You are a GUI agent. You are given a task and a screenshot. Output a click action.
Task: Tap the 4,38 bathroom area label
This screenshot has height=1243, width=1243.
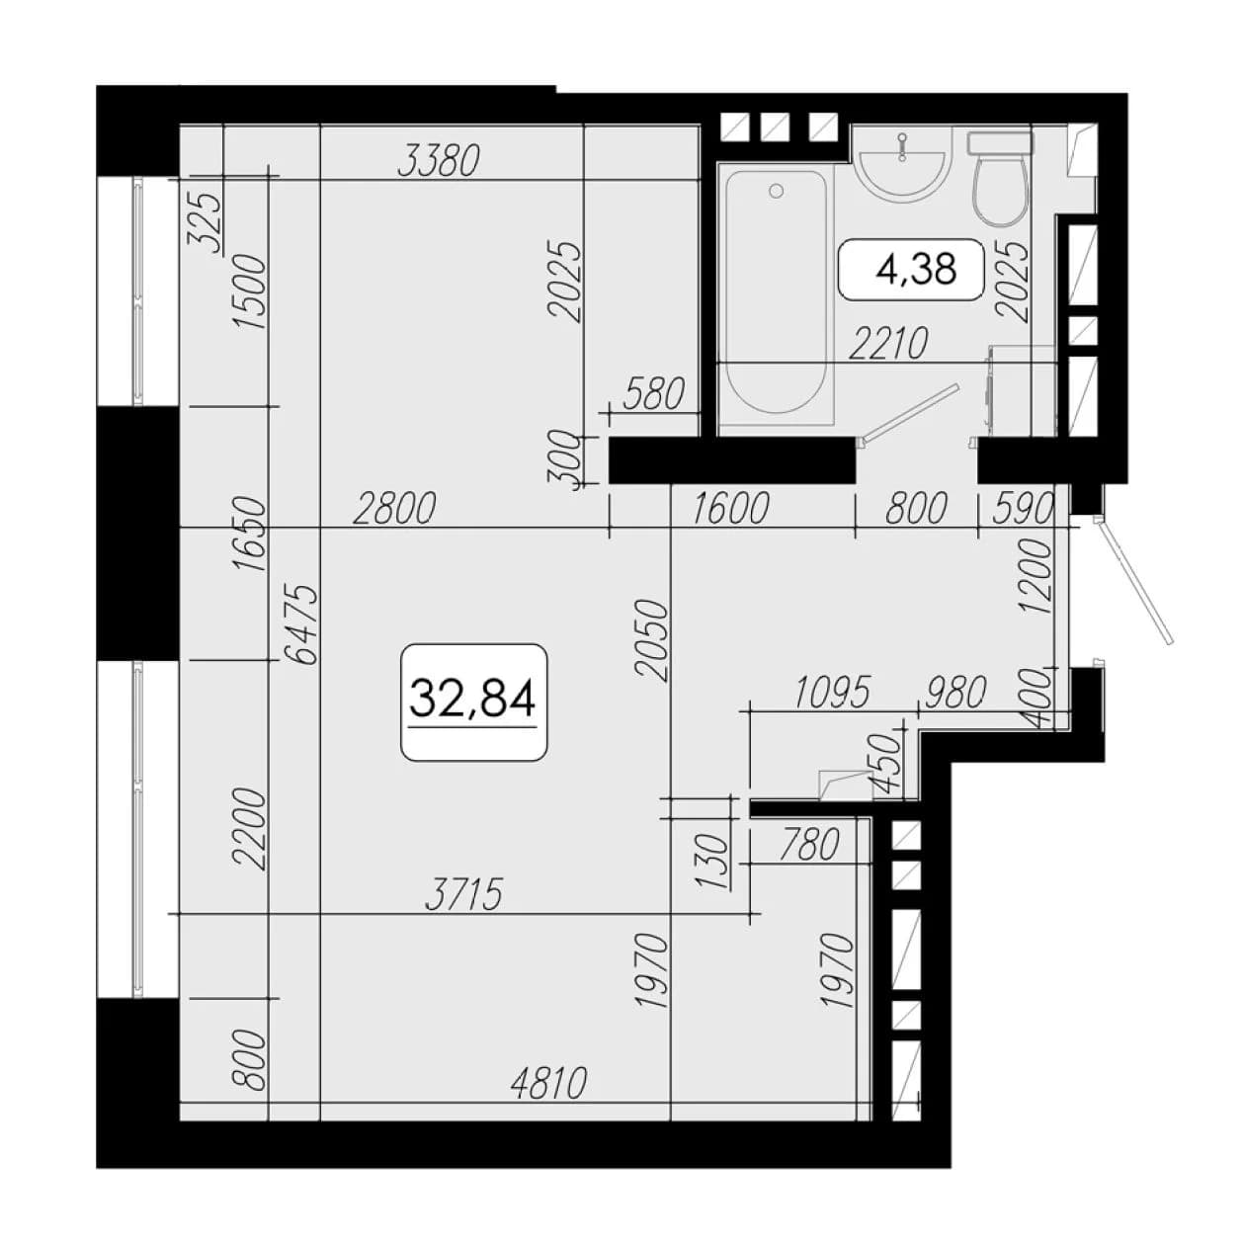915,269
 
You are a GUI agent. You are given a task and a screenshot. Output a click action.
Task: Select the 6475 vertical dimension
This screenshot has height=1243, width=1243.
301,624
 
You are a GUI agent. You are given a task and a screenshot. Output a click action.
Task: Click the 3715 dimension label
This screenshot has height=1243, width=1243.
463,894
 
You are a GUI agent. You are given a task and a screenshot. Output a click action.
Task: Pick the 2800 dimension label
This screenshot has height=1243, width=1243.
395,508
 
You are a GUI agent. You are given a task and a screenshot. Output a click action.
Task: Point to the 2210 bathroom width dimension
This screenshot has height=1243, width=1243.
888,343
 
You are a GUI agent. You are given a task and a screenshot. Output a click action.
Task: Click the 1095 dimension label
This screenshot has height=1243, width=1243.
833,692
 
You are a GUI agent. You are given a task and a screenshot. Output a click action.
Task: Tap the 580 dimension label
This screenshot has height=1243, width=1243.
653,394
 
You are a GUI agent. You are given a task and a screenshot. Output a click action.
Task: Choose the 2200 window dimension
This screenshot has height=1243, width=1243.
250,830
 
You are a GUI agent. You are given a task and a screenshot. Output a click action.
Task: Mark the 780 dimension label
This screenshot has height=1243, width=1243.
809,845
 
